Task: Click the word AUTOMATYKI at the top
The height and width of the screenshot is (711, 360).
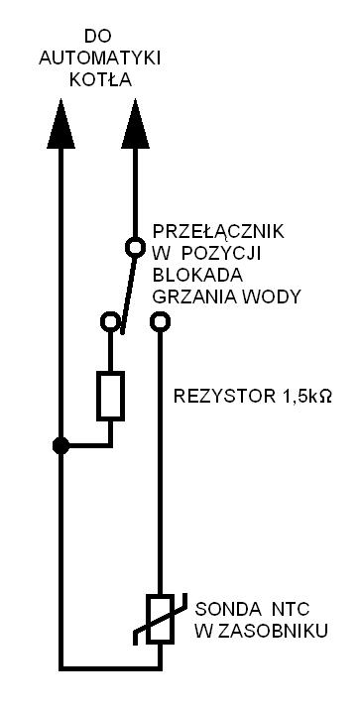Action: click(100, 59)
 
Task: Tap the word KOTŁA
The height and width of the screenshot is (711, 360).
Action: click(100, 80)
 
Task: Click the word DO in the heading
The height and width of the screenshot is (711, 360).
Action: click(98, 37)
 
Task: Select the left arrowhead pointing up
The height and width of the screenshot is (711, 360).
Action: click(60, 124)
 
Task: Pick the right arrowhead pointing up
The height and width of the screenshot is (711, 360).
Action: click(135, 124)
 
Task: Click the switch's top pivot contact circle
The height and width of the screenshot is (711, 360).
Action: click(135, 247)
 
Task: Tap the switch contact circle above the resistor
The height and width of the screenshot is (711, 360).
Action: click(110, 322)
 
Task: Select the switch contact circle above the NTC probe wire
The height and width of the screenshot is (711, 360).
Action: click(160, 322)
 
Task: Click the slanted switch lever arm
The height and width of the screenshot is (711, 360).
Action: click(128, 296)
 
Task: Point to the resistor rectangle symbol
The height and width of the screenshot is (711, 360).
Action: click(110, 396)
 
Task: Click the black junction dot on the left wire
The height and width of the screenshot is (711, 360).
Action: click(60, 445)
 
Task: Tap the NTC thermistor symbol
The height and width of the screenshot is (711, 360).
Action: click(160, 619)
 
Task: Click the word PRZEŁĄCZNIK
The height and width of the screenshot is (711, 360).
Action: click(218, 231)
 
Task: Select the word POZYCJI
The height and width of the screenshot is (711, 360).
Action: click(221, 254)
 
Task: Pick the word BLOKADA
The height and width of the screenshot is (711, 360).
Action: click(197, 276)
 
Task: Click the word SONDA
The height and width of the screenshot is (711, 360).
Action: click(223, 610)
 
